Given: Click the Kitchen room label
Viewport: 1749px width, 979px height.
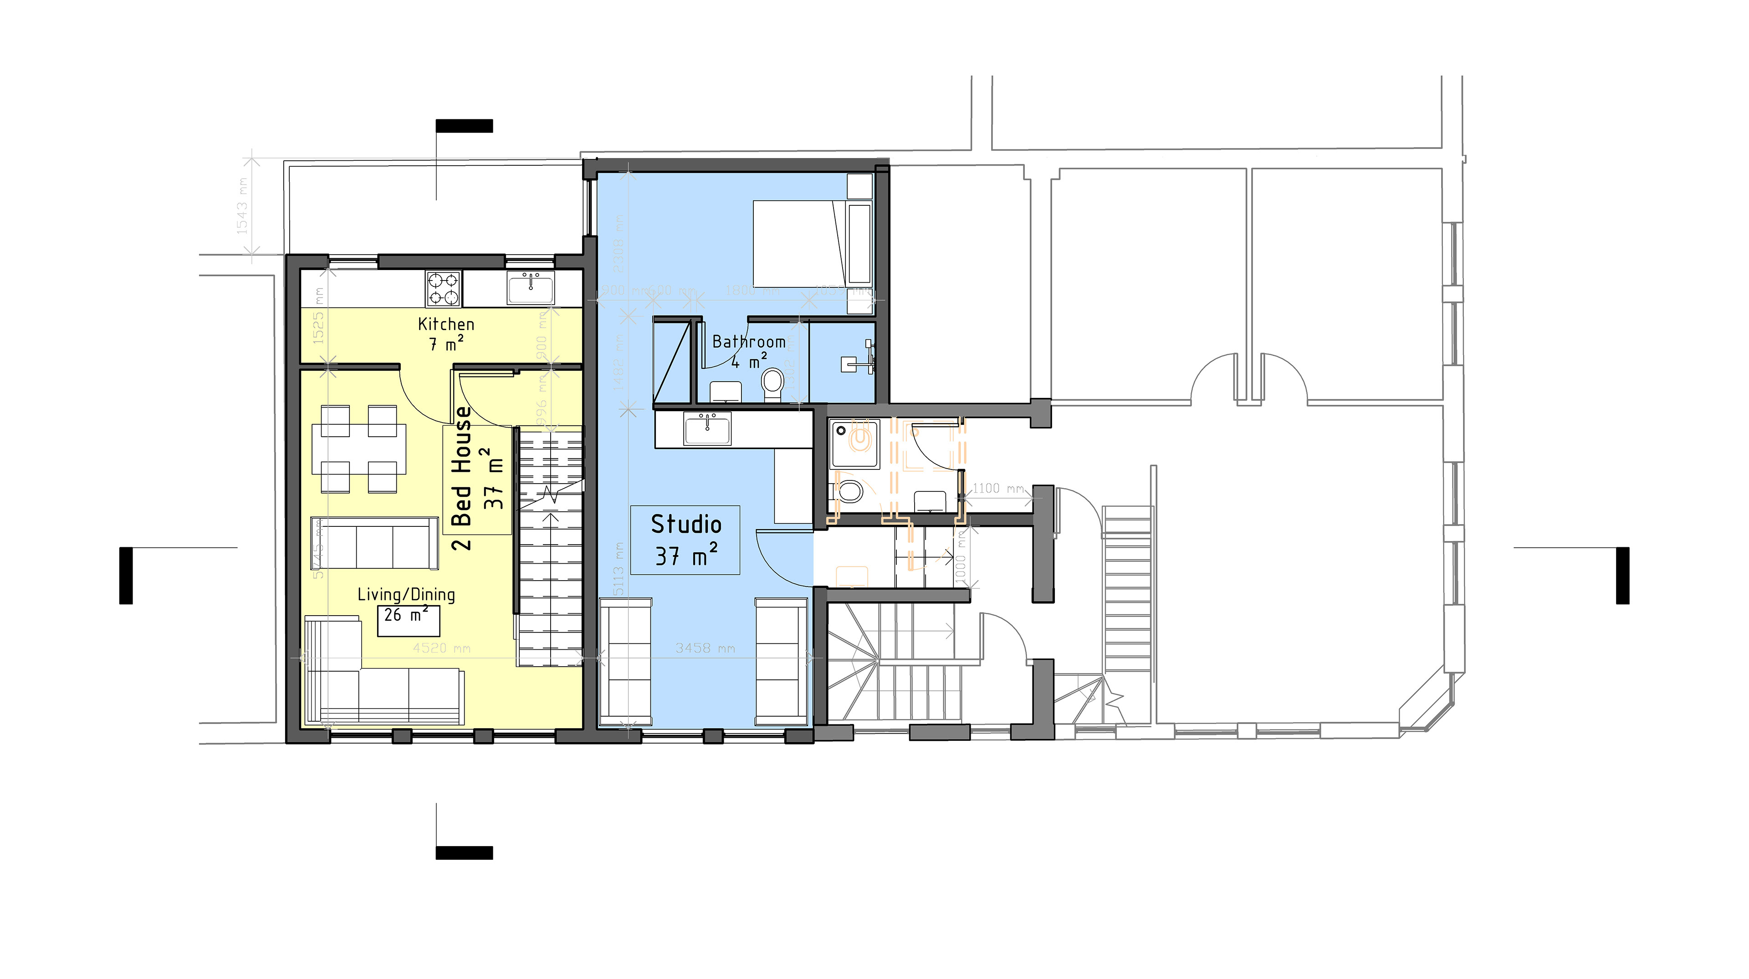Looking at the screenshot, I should (x=445, y=324).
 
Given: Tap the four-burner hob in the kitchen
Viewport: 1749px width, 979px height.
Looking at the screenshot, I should (x=443, y=289).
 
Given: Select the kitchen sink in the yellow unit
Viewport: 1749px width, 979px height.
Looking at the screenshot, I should (x=530, y=287).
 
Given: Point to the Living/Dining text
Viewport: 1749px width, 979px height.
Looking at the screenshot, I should (x=406, y=595).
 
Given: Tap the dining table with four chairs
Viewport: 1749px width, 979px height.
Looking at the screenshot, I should (x=358, y=449).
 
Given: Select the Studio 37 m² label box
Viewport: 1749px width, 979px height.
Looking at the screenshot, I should (x=685, y=540).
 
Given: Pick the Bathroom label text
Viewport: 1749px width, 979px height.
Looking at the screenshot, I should (x=748, y=342).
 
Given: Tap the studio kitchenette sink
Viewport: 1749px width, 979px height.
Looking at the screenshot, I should (x=707, y=430).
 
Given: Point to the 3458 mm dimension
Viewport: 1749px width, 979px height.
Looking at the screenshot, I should (x=705, y=648).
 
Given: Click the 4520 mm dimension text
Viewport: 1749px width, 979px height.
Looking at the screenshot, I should (x=441, y=648).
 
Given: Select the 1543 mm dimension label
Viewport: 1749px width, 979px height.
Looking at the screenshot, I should (x=242, y=206).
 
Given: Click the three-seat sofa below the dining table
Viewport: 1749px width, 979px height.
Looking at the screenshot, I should (x=373, y=543).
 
